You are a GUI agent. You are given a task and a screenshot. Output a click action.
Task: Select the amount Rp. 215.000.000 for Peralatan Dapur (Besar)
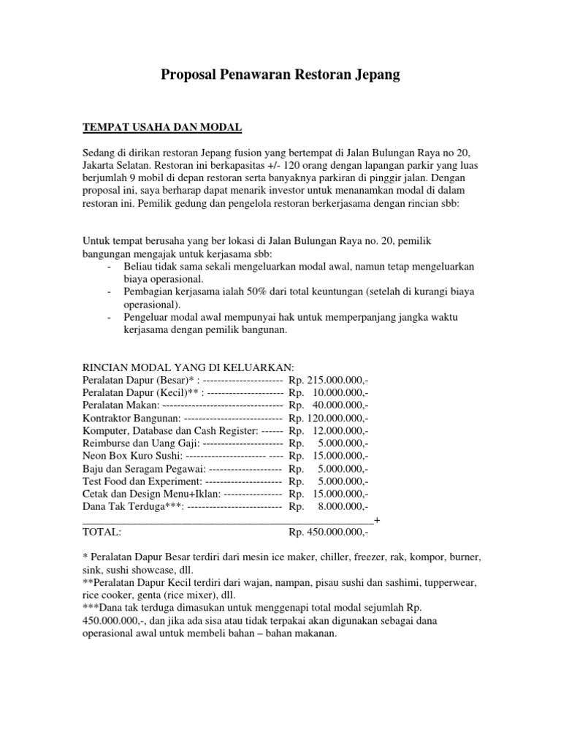coord(329,381)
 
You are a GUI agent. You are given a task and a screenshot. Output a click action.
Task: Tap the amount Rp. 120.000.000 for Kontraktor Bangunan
coord(329,419)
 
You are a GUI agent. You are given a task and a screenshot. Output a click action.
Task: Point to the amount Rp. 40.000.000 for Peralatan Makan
coord(329,405)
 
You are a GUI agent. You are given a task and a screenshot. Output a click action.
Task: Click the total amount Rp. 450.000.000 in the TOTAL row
coord(329,533)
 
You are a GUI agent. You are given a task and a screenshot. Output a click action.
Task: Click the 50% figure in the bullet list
coord(234,292)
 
